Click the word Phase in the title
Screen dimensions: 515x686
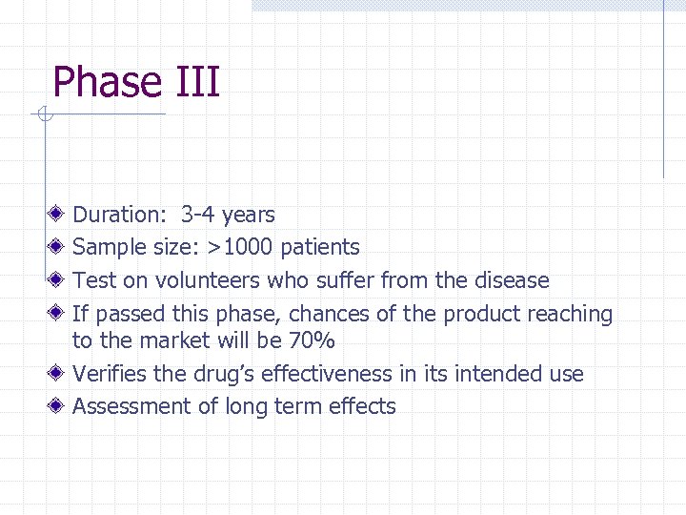[108, 82]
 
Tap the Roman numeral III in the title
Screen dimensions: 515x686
[197, 82]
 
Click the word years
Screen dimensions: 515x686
[248, 216]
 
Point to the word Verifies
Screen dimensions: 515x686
[108, 374]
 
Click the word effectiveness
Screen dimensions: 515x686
[312, 374]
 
